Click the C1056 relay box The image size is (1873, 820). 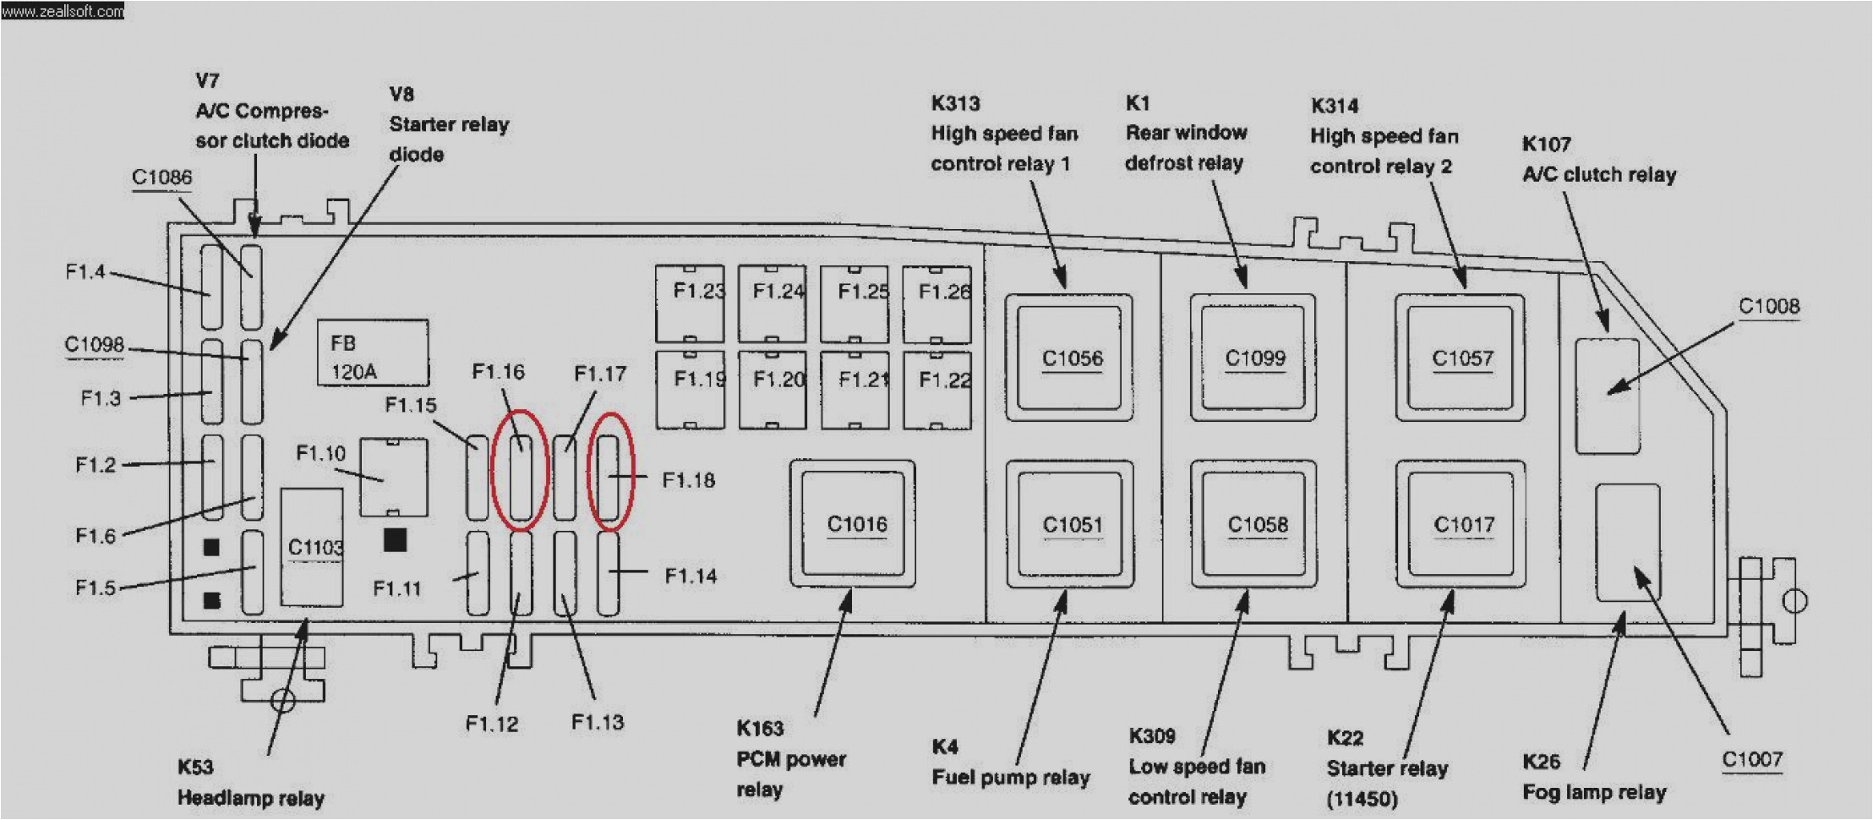tap(1069, 358)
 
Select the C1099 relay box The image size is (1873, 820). tap(1253, 358)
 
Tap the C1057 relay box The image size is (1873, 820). tap(1461, 358)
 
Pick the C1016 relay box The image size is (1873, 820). tap(853, 524)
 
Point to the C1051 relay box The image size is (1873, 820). tap(1070, 524)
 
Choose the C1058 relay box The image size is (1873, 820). tap(1254, 524)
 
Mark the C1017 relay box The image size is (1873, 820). tap(1461, 524)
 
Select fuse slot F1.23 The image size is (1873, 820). tap(690, 303)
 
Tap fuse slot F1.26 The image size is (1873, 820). tap(937, 303)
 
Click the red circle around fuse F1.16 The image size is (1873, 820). tap(521, 470)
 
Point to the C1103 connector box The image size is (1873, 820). tap(312, 548)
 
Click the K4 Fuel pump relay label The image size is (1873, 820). tap(1010, 763)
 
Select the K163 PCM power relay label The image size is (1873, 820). tap(790, 758)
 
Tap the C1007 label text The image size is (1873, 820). tap(1752, 760)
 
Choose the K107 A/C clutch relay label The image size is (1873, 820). tap(1598, 160)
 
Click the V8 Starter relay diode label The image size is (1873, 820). tap(449, 124)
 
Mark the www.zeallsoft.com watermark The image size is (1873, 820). tap(63, 11)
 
